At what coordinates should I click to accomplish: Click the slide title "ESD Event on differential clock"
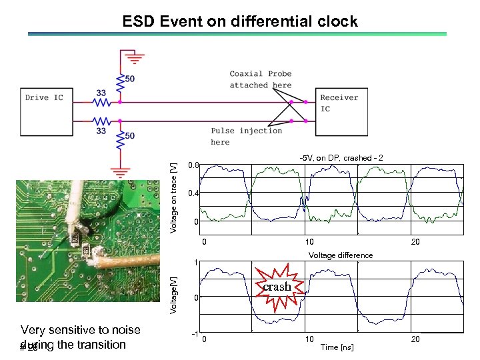pyautogui.click(x=240, y=21)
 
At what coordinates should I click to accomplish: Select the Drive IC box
pyautogui.click(x=44, y=107)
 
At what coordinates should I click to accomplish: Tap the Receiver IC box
pyautogui.click(x=339, y=107)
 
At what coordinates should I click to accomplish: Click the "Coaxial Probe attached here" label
pyautogui.click(x=261, y=79)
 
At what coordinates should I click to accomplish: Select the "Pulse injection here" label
pyautogui.click(x=246, y=136)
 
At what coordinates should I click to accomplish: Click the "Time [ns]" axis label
pyautogui.click(x=337, y=347)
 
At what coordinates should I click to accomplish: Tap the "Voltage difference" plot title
pyautogui.click(x=340, y=255)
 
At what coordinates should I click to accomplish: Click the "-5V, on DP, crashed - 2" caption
pyautogui.click(x=341, y=158)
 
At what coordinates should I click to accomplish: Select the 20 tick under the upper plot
pyautogui.click(x=415, y=242)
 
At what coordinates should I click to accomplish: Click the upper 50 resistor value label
pyautogui.click(x=130, y=79)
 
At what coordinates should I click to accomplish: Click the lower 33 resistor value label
pyautogui.click(x=101, y=131)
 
